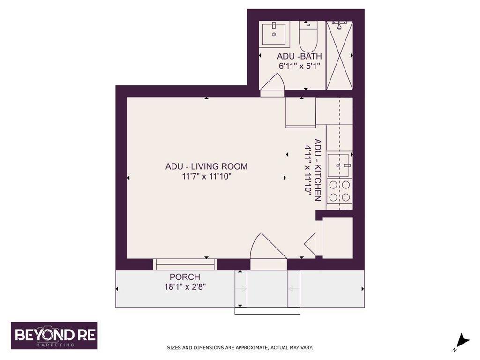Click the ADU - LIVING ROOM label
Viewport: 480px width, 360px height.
[206, 166]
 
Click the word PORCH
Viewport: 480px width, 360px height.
[185, 277]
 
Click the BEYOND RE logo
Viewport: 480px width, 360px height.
[54, 335]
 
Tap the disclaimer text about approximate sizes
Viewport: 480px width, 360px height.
[240, 348]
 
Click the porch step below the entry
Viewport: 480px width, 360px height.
[267, 310]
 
